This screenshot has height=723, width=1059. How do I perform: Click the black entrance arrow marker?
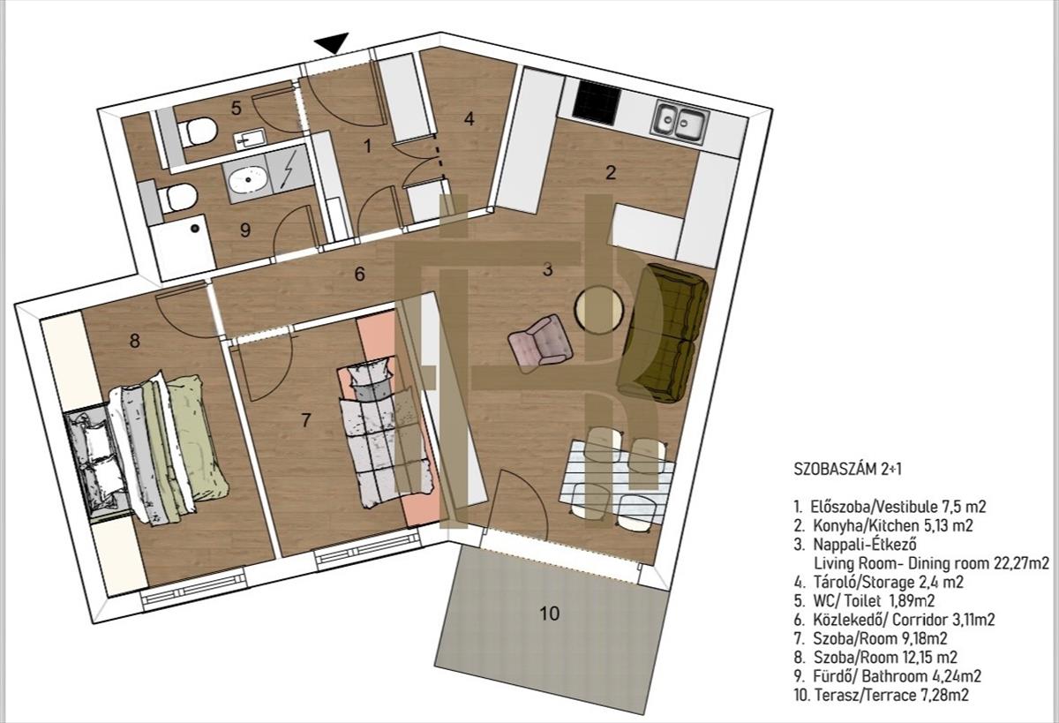click(334, 42)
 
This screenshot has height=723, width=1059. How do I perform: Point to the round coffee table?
click(599, 310)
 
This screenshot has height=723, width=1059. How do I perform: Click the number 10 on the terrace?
click(549, 614)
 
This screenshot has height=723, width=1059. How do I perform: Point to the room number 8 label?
click(135, 341)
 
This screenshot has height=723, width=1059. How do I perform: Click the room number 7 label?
click(306, 419)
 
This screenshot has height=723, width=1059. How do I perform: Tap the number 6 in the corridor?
click(360, 274)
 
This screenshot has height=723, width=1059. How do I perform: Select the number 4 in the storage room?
click(469, 118)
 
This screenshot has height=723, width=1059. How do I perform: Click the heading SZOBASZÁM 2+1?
click(848, 469)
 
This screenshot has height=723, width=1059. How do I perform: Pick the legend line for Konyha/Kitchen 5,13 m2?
click(883, 525)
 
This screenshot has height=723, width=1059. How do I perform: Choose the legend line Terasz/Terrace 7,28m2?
click(882, 695)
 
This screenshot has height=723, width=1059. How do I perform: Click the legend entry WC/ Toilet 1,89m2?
click(865, 600)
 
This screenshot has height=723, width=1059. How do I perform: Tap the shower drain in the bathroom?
click(194, 229)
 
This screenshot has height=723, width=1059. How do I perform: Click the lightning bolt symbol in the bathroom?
click(287, 170)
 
